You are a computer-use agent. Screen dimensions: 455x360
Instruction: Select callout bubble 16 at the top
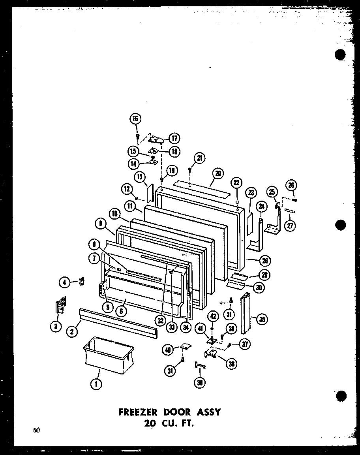135,119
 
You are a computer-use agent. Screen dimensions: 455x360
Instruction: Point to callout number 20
218,173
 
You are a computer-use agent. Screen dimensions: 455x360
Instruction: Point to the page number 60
37,431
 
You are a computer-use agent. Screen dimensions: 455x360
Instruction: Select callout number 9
101,224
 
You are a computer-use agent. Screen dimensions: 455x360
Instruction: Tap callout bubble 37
245,344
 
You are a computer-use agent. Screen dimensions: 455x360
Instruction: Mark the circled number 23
251,193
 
